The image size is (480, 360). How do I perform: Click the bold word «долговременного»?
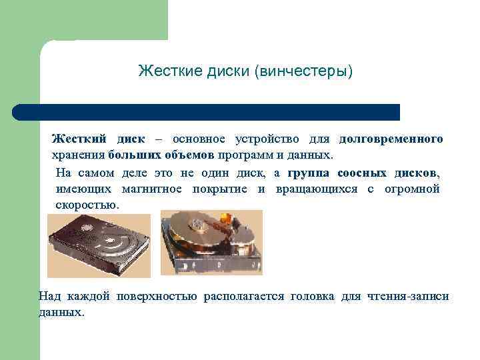[391, 139]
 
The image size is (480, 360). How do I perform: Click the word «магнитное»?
[155, 189]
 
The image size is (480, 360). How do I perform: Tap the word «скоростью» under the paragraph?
[87, 205]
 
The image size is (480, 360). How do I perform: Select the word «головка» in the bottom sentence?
[312, 296]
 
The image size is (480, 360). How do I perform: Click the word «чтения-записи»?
[408, 296]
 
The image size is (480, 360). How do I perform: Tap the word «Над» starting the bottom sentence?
[49, 296]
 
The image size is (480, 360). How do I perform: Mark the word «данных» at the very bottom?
[61, 312]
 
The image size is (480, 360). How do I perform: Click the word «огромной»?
[412, 189]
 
